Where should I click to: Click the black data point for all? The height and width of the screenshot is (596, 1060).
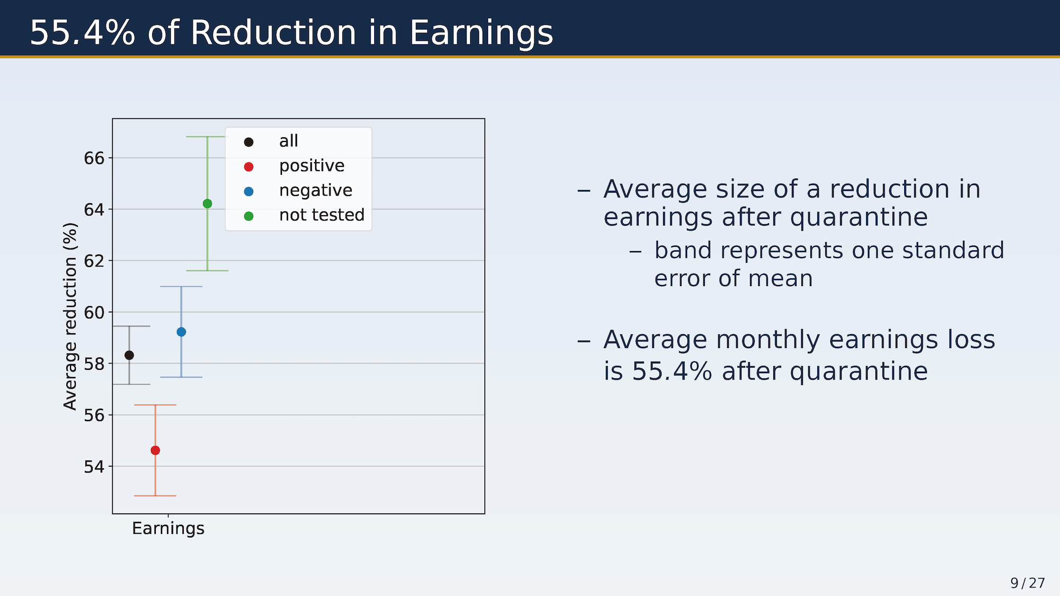coord(129,355)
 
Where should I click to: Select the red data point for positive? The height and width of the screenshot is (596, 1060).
coord(155,450)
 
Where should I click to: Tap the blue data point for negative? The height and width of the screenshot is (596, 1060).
coord(181,332)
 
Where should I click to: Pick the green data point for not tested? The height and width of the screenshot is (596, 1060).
coord(207,204)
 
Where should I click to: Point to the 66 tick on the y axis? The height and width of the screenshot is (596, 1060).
coord(94,158)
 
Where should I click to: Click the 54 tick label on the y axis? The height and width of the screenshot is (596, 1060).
coord(94,466)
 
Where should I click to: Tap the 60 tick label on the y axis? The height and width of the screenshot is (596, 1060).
coord(94,312)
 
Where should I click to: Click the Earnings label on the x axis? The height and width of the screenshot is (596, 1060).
coord(168,529)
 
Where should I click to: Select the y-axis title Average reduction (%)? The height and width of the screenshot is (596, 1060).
coord(70,316)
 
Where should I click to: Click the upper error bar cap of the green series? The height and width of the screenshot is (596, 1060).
coord(207,137)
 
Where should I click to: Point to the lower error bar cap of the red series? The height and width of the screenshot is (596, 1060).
coord(155,496)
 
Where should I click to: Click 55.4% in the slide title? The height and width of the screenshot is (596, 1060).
coord(83,32)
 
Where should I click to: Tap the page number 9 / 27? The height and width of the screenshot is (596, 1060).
coord(1028,583)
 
